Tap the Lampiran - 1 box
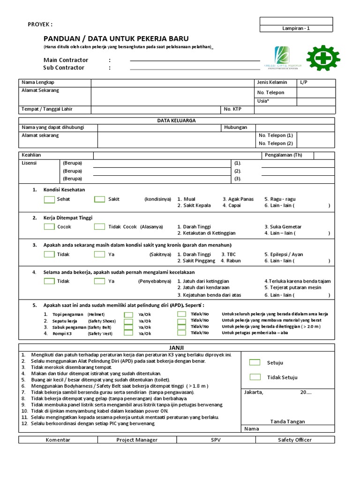(296, 28)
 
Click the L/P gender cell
(316, 82)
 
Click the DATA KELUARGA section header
(176, 120)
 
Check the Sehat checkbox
(49, 199)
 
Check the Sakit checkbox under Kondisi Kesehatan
(99, 199)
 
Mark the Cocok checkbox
(49, 226)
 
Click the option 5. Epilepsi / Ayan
(284, 255)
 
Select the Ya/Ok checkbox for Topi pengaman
(128, 315)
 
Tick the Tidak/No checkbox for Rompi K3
(182, 333)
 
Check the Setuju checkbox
(255, 362)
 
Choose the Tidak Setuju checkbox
(255, 377)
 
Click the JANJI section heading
(177, 347)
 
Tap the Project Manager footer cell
(137, 440)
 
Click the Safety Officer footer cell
(294, 440)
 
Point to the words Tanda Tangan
(287, 421)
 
